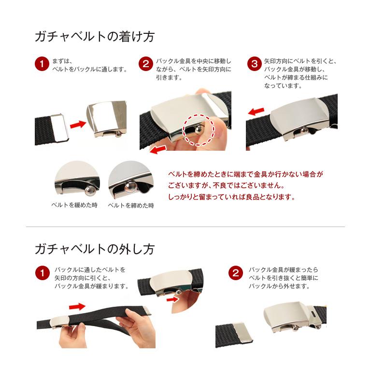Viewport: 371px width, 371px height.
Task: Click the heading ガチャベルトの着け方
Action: click(x=95, y=37)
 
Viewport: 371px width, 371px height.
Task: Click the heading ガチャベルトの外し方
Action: click(x=95, y=249)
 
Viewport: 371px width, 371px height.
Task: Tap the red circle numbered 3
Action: click(x=255, y=64)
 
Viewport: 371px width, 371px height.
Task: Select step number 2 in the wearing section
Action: click(x=146, y=64)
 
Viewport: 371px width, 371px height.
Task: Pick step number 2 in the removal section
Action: click(x=235, y=273)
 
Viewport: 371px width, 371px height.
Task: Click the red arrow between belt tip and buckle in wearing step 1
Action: click(x=78, y=124)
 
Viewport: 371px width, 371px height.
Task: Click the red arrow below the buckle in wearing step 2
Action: click(x=158, y=150)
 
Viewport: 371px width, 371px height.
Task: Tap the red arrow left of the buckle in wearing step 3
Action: click(x=256, y=111)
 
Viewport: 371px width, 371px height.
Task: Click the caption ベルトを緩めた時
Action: click(x=74, y=205)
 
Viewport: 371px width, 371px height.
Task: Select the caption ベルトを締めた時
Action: click(x=131, y=205)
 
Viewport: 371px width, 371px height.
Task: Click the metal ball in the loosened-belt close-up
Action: click(x=90, y=191)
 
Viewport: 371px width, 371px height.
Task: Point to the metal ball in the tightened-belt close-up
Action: click(x=130, y=187)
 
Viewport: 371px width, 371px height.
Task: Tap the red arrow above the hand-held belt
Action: click(x=77, y=307)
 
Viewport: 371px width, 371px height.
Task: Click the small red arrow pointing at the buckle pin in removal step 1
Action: click(x=173, y=300)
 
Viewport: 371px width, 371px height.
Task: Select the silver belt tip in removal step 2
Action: click(x=243, y=332)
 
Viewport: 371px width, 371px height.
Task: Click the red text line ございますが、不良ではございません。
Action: click(x=226, y=185)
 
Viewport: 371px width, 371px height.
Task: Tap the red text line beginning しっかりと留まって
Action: click(x=232, y=197)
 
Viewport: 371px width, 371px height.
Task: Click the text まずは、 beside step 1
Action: click(x=62, y=61)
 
